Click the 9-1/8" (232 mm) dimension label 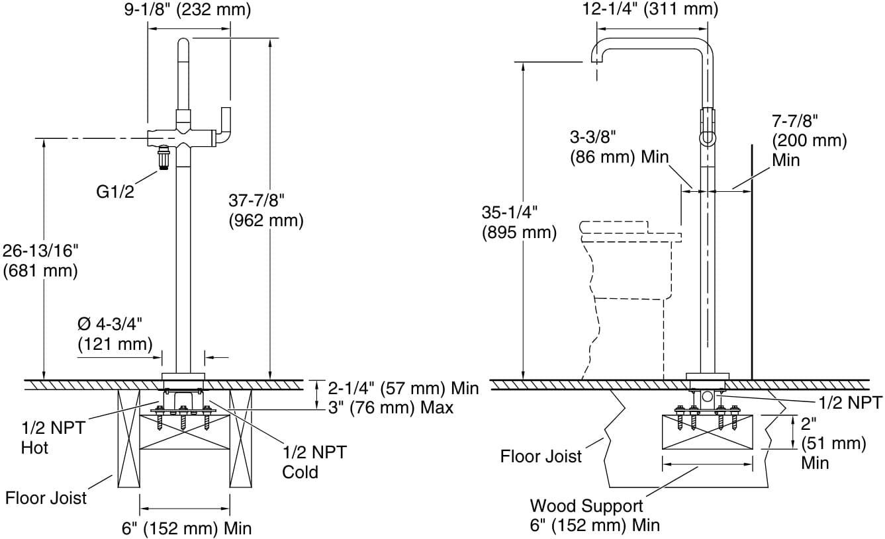(x=187, y=9)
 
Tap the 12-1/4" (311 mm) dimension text (x=650, y=9)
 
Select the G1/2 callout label (x=115, y=192)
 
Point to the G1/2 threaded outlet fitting (x=163, y=157)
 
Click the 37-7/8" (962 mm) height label (x=266, y=210)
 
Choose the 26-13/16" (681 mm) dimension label (x=40, y=261)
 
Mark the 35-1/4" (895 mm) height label (x=519, y=222)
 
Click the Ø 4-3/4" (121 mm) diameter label (x=115, y=334)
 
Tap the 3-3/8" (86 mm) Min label (x=619, y=147)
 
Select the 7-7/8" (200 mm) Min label (x=810, y=141)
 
